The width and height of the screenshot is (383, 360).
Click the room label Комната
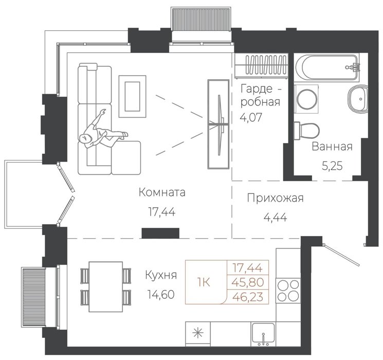coord(162,192)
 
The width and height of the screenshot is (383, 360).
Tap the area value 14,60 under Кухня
coord(161,295)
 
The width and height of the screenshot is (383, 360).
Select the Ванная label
coord(332,147)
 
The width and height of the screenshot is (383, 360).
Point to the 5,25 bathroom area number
coord(332,166)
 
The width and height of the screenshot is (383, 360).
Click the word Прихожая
coord(275,198)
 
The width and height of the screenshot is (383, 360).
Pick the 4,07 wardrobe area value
coord(251,117)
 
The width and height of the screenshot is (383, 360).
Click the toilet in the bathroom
coord(306,131)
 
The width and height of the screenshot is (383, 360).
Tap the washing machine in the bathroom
coord(306,99)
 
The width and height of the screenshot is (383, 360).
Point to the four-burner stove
coord(288,291)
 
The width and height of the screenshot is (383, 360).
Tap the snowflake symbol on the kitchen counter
coord(197,334)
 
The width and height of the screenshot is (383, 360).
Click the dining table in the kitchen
coord(106,286)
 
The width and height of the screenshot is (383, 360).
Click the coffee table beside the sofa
coord(133,96)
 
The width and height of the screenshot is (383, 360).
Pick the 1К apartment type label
coord(204,283)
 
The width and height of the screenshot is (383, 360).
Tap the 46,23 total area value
coord(248,297)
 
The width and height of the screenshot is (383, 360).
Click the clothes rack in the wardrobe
coord(261,65)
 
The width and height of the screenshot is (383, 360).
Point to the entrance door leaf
coord(341,255)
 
